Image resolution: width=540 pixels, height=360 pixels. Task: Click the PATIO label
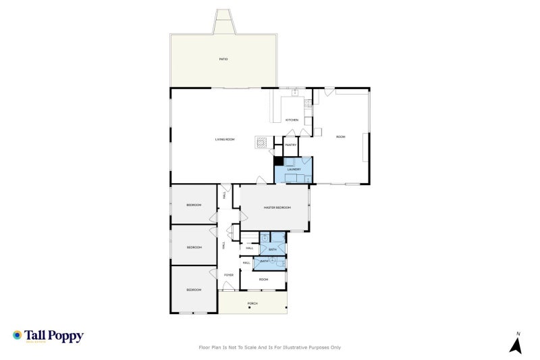pyautogui.click(x=223, y=59)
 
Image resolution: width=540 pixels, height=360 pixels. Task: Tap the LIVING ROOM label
pyautogui.click(x=225, y=139)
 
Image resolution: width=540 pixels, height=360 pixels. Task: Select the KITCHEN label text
pyautogui.click(x=292, y=120)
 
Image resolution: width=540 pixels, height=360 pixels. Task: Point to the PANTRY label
pyautogui.click(x=291, y=145)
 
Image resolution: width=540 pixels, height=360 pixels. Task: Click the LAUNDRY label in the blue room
pyautogui.click(x=293, y=170)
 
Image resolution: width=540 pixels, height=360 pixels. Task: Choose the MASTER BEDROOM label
pyautogui.click(x=277, y=207)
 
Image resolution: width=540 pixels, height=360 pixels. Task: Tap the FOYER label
pyautogui.click(x=229, y=275)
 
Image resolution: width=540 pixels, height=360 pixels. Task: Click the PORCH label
pyautogui.click(x=252, y=303)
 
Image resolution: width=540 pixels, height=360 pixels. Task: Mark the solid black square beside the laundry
pyautogui.click(x=277, y=161)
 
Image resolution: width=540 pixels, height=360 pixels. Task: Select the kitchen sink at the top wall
pyautogui.click(x=294, y=92)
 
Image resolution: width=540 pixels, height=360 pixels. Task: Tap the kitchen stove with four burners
pyautogui.click(x=308, y=103)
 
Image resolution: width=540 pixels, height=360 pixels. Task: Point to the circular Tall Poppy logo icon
pyautogui.click(x=17, y=335)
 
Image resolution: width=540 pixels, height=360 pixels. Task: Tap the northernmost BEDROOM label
pyautogui.click(x=194, y=205)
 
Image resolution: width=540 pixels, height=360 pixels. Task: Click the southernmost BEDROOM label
pyautogui.click(x=194, y=290)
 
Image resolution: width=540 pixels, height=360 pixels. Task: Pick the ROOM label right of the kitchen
pyautogui.click(x=341, y=137)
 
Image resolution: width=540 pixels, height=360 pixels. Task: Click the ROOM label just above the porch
pyautogui.click(x=263, y=279)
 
